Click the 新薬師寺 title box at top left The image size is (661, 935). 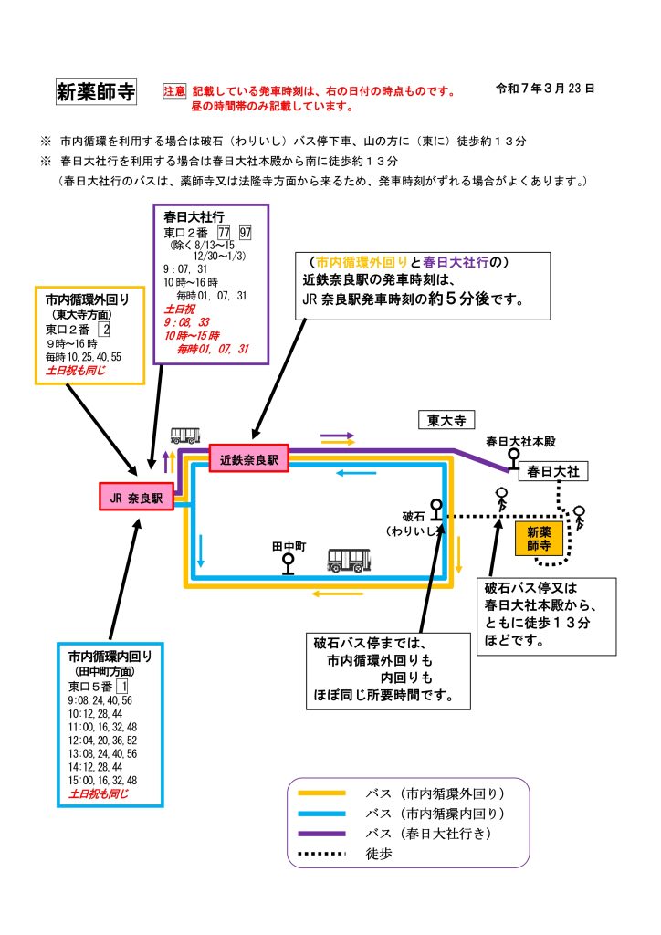pyautogui.click(x=96, y=91)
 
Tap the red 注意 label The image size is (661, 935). pyautogui.click(x=174, y=91)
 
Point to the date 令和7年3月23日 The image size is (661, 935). pyautogui.click(x=545, y=89)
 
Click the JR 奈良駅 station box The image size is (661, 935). pyautogui.click(x=136, y=499)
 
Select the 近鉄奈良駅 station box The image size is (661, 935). pyautogui.click(x=248, y=459)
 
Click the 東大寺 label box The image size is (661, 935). pyautogui.click(x=447, y=420)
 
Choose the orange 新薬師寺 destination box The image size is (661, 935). pyautogui.click(x=537, y=540)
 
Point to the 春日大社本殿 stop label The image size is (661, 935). pyautogui.click(x=520, y=442)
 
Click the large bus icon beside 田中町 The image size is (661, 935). pyautogui.click(x=350, y=560)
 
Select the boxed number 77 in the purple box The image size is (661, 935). pyautogui.click(x=225, y=233)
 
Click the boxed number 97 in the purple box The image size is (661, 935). pyautogui.click(x=245, y=233)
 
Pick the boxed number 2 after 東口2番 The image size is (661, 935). pyautogui.click(x=106, y=329)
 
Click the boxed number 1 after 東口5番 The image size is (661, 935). pyautogui.click(x=121, y=686)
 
